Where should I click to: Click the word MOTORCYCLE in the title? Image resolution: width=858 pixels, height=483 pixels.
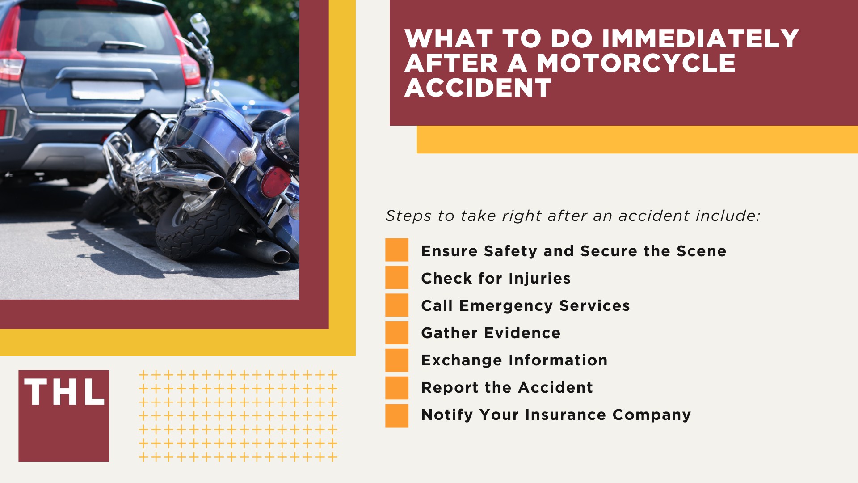(636, 63)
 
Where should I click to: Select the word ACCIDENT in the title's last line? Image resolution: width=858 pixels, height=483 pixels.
(478, 88)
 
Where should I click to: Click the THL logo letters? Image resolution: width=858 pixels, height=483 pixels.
(64, 393)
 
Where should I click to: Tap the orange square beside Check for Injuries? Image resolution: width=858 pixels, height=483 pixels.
(397, 278)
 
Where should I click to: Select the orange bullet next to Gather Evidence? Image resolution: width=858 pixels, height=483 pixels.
(397, 333)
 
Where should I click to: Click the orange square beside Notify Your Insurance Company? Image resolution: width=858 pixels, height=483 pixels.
(397, 415)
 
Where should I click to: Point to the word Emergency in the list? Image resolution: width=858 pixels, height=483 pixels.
(506, 306)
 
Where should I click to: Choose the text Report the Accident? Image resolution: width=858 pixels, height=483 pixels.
(507, 388)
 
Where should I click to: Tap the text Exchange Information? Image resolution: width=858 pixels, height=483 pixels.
(514, 360)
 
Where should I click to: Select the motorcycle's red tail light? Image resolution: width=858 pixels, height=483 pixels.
(275, 181)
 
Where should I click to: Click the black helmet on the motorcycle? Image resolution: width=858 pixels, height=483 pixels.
(284, 138)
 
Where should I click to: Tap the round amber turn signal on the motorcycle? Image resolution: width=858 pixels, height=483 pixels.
(247, 157)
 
